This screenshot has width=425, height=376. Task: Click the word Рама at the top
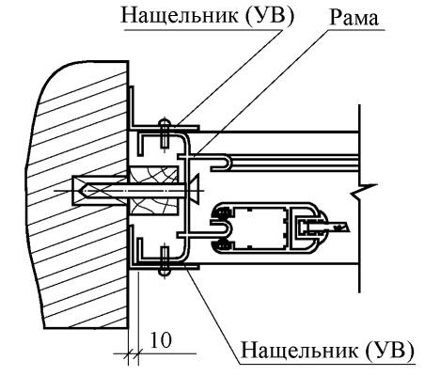pos(354,18)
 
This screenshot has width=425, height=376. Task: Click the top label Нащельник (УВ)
pos(208,16)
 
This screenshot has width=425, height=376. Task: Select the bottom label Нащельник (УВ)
pos(327,350)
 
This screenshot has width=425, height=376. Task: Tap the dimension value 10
pos(162,339)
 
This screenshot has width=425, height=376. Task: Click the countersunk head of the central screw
pos(193,191)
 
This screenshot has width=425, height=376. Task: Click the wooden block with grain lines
pos(153,191)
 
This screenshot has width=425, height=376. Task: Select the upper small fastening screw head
pos(165,121)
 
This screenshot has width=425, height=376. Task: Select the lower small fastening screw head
pos(165,272)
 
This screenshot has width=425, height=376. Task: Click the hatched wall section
pos(78,195)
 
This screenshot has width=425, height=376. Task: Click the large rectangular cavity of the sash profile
pos(261,227)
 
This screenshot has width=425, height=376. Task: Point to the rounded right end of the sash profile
pos(323,227)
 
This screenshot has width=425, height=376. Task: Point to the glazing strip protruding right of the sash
pos(336,227)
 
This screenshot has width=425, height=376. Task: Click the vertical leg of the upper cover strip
pos(132,106)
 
